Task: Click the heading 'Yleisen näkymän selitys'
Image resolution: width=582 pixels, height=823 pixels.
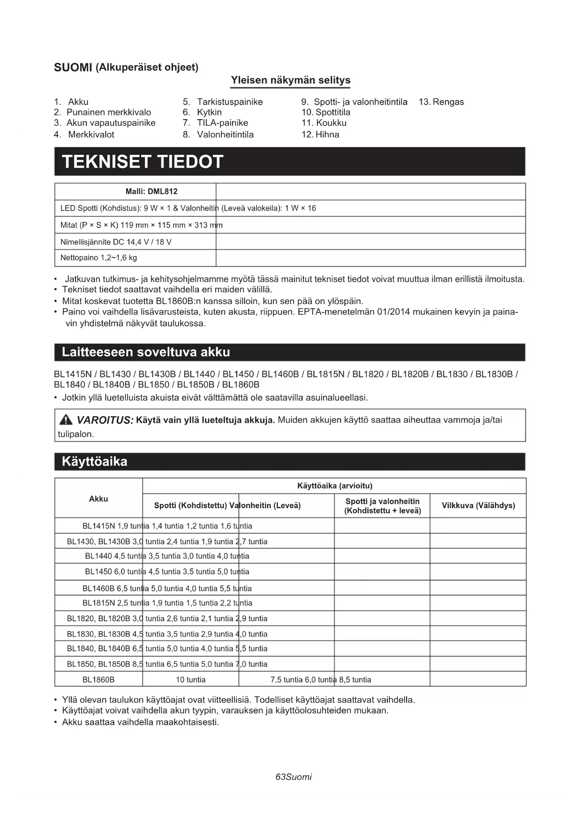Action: click(x=290, y=80)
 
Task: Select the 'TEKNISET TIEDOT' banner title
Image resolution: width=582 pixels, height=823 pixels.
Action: click(x=142, y=162)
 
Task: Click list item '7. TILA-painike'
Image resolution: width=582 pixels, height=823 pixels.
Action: click(x=215, y=123)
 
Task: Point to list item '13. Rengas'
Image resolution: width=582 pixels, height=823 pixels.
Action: click(x=441, y=102)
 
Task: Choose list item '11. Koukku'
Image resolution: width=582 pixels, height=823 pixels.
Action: click(x=324, y=123)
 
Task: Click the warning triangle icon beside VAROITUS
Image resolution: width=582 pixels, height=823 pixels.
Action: click(x=66, y=419)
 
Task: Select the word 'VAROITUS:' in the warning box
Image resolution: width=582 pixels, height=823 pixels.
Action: click(x=105, y=420)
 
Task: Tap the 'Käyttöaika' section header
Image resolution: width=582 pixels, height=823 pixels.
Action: click(x=94, y=462)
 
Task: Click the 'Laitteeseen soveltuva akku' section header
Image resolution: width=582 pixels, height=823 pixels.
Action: click(x=146, y=352)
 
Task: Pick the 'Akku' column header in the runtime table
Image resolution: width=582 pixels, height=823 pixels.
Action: click(x=98, y=499)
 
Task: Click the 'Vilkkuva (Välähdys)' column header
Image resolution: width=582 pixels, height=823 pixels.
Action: click(x=478, y=506)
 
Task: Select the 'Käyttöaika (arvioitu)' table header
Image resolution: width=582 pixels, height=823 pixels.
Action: click(x=334, y=486)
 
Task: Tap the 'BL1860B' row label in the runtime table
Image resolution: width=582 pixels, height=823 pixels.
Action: click(x=98, y=679)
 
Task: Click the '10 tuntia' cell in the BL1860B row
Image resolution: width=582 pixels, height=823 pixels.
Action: click(x=190, y=679)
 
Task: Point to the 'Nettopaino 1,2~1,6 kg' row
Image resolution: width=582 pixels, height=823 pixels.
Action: click(x=98, y=258)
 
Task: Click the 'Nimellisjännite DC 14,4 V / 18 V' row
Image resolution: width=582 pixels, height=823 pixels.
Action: click(x=116, y=242)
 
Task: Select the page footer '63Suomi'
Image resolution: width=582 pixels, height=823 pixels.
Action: click(x=294, y=777)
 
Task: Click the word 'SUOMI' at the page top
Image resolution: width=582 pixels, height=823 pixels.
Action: click(x=73, y=68)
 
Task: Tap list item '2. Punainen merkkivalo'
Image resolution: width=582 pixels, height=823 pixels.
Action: click(x=102, y=112)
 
